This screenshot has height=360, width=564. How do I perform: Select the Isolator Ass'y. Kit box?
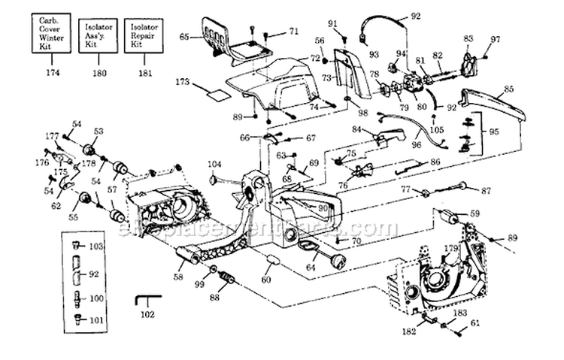(98, 34)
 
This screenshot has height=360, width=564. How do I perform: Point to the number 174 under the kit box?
(53, 73)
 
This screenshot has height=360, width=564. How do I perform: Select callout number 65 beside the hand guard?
(183, 36)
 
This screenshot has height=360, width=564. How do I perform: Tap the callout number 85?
(509, 89)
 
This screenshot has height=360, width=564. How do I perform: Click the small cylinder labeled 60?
(271, 267)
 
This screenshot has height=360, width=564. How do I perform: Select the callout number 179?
(450, 249)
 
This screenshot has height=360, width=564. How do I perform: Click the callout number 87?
(486, 190)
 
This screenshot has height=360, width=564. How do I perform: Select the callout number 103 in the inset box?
(95, 246)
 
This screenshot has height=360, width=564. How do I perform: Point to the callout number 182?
(408, 331)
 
